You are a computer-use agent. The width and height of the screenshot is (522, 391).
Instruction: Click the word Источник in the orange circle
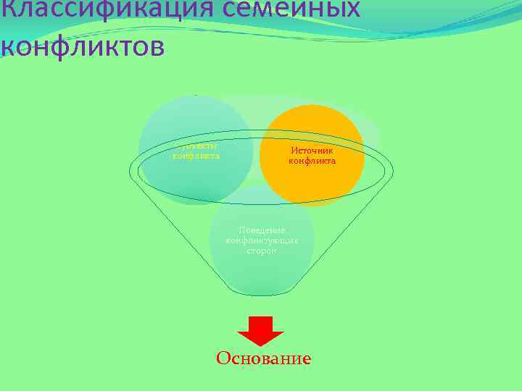pos(312,150)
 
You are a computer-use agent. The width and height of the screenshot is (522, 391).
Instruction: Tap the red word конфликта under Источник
pos(312,161)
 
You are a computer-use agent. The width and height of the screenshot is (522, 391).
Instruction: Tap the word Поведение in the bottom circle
pos(262,230)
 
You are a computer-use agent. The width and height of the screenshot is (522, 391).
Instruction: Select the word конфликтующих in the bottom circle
pos(262,240)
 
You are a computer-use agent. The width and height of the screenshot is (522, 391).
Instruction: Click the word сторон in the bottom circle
pos(262,250)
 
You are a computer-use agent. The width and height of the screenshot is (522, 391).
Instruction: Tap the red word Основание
pos(263,358)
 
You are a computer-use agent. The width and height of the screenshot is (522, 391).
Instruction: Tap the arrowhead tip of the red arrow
pos(261,346)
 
